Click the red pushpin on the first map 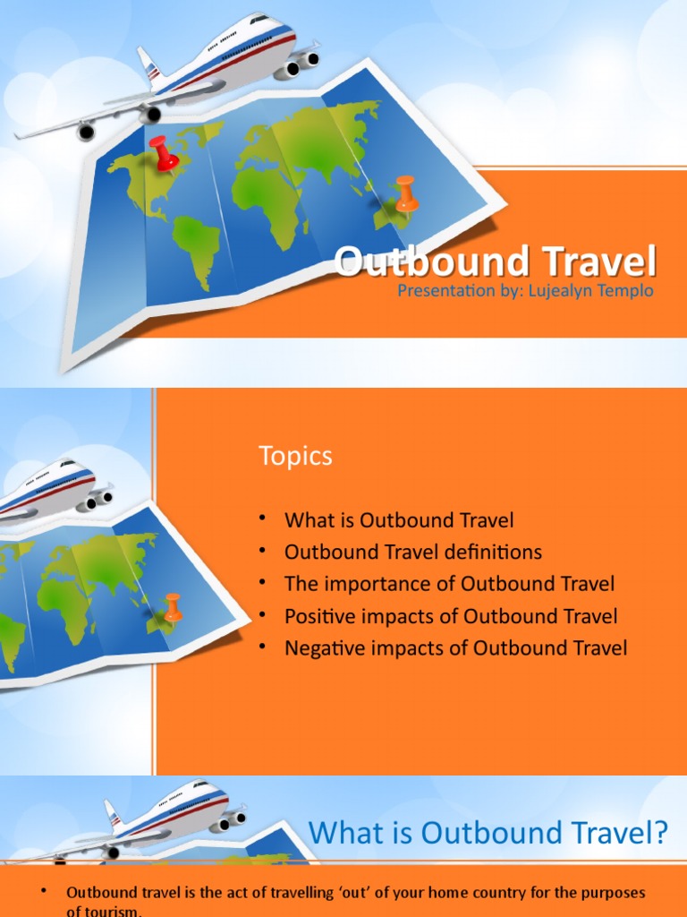(x=164, y=152)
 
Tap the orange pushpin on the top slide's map (x=406, y=193)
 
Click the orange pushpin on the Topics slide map (x=173, y=606)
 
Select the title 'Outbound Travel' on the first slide (x=496, y=262)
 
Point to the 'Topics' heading (x=295, y=456)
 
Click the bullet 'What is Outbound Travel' (x=399, y=519)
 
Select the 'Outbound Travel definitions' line (x=413, y=552)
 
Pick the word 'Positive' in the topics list (x=316, y=616)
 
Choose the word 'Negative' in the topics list (x=321, y=647)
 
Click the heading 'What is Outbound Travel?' (x=488, y=834)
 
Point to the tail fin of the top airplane (x=147, y=64)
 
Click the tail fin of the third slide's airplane (x=113, y=813)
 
